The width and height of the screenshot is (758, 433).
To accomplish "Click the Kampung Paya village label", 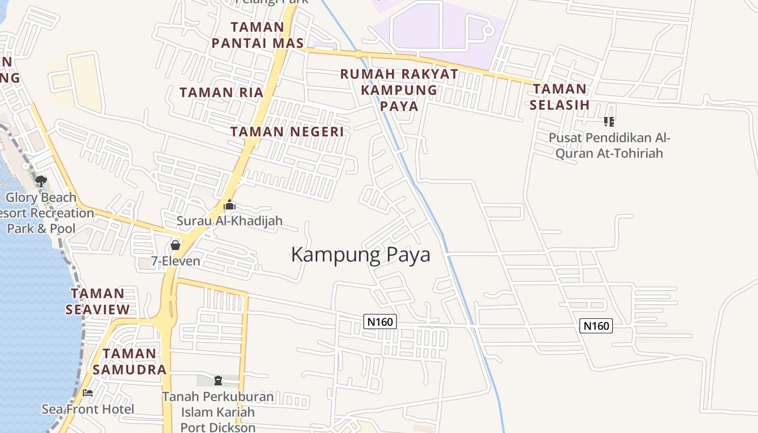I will coord(361,254).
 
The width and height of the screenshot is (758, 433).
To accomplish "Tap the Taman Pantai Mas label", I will coord(257,35).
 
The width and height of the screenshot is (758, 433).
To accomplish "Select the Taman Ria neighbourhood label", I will coord(221,93).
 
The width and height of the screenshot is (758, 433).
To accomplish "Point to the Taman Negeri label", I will coord(287,132).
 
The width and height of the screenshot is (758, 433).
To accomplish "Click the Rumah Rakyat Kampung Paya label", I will coord(399,90).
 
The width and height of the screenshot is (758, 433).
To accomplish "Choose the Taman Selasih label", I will coord(559,97).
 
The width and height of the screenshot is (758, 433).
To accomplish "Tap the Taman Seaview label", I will coord(97,301).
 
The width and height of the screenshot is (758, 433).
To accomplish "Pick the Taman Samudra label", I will coord(129,362).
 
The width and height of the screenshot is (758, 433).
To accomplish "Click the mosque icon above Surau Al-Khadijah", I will coord(230,205).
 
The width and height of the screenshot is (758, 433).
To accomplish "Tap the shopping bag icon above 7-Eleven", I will coord(175,245).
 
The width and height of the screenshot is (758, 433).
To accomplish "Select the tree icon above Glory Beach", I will coord(41,181).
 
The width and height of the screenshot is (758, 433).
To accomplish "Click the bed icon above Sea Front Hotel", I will coord(88,393).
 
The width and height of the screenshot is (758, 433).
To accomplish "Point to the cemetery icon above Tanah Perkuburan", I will coord(218,380).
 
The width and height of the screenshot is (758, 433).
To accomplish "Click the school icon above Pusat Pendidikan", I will coord(609,122).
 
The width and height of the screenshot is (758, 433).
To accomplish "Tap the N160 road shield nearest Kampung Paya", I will coord(380,322).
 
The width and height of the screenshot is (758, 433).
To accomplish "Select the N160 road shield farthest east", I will coord(596,326).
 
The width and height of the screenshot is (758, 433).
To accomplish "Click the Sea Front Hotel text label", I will coord(88,409).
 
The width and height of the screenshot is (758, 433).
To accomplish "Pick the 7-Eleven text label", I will coord(175,261).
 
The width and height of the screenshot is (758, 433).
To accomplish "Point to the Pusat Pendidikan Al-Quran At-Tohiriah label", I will coord(609,146).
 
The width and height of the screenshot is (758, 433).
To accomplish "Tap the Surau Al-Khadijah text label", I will coord(230,221).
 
